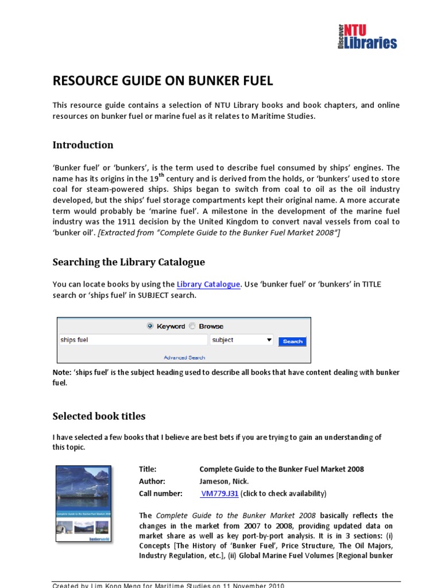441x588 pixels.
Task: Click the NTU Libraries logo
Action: click(x=367, y=36)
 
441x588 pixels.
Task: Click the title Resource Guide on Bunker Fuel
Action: click(x=163, y=80)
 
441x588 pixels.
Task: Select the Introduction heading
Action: click(x=83, y=145)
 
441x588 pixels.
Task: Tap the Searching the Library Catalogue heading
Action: click(x=129, y=262)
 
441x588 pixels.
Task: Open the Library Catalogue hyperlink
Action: click(x=208, y=284)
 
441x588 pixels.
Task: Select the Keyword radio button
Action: click(x=150, y=326)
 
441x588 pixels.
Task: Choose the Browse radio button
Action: click(x=192, y=326)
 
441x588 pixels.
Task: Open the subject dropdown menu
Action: click(x=241, y=340)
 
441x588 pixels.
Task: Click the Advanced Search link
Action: click(x=184, y=357)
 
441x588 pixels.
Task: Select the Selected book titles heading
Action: click(x=99, y=416)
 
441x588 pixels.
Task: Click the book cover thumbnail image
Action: click(x=83, y=504)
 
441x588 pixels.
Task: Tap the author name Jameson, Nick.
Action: click(x=224, y=481)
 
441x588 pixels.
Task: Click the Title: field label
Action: click(x=148, y=469)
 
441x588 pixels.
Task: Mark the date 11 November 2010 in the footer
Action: click(x=253, y=585)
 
